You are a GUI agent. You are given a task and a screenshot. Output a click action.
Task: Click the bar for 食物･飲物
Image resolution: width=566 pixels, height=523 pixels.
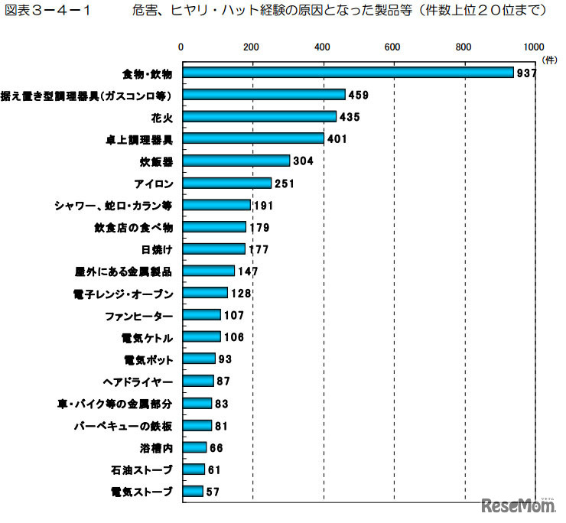tap(346, 73)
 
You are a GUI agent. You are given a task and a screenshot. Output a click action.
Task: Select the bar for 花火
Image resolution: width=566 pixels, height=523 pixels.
tap(258, 117)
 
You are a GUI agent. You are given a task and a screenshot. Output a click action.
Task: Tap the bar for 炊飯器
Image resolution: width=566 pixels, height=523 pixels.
tap(235, 161)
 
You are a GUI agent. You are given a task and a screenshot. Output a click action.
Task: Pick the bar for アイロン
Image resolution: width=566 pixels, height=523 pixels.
tap(226, 184)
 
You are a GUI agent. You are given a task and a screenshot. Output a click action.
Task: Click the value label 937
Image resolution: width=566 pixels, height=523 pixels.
tap(527, 73)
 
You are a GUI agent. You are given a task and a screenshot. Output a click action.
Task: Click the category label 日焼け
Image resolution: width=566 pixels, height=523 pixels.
tap(157, 249)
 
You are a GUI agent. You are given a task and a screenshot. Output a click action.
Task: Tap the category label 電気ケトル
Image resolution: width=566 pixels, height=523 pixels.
tap(148, 337)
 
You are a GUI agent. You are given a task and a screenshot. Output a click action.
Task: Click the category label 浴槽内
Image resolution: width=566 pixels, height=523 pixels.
tap(156, 447)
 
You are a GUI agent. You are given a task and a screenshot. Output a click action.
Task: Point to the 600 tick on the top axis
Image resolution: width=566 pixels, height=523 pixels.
tap(393, 47)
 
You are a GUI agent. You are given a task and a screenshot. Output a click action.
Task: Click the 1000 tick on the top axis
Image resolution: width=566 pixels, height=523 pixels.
tap(535, 47)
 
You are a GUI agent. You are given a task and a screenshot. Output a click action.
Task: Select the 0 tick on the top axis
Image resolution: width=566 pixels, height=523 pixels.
tap(181, 47)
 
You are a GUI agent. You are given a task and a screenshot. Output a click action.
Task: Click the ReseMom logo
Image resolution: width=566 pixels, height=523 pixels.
tap(518, 505)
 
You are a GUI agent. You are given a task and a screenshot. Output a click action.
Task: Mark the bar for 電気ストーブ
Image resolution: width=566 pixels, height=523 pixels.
tap(191, 491)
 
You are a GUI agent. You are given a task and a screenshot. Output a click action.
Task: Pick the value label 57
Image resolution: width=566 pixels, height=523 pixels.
tap(213, 492)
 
